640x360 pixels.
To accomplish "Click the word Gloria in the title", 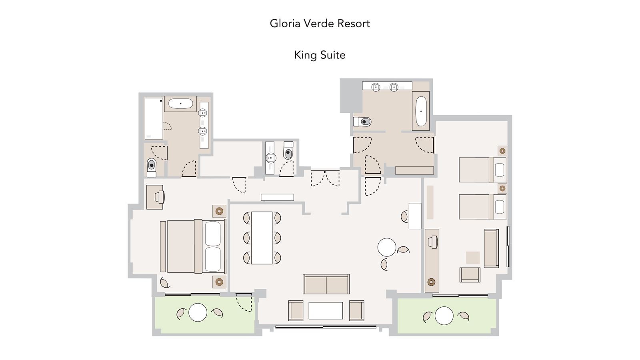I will click(x=285, y=24).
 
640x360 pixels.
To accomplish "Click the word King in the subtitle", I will click(x=305, y=55).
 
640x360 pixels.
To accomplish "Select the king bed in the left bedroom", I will click(x=194, y=246).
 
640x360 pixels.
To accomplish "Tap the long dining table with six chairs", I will click(x=262, y=238).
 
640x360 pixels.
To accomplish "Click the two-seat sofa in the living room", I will click(x=326, y=284).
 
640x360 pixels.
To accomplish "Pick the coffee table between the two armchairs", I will click(x=326, y=310).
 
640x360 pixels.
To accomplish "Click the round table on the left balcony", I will click(x=198, y=312).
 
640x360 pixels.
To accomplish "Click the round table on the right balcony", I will click(x=444, y=316).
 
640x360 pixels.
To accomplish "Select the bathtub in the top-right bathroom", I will click(x=421, y=111).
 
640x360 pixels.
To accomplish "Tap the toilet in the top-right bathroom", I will click(x=363, y=121).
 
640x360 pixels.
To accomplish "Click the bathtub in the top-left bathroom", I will click(x=180, y=104).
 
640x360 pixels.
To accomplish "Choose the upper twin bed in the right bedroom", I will click(x=482, y=170).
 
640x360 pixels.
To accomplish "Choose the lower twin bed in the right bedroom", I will click(x=482, y=207).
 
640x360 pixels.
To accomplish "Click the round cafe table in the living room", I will click(x=387, y=247).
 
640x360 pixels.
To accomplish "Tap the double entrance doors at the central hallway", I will click(x=325, y=178).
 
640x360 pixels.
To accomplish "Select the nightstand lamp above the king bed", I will click(x=219, y=211).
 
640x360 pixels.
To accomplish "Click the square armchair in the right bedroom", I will click(x=470, y=275).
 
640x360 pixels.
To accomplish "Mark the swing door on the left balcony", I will click(x=244, y=302).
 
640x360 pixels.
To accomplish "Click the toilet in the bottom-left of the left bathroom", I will click(x=151, y=167).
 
